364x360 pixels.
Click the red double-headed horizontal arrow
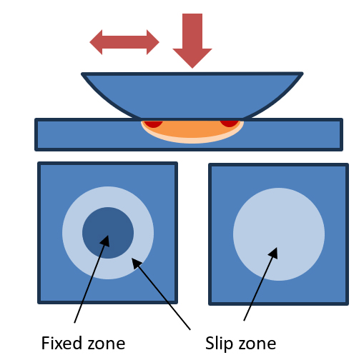124,42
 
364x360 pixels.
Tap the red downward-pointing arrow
192,41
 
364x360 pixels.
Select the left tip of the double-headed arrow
89,42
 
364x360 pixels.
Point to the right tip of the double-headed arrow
159,42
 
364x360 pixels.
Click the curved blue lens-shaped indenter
192,95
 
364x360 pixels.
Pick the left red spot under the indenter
153,124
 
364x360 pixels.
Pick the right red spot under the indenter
229,124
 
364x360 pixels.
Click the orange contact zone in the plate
192,130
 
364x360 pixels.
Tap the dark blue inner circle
108,233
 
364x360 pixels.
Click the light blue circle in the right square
279,234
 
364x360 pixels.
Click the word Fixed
62,343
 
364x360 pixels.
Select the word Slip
219,344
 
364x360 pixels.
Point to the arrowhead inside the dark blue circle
106,241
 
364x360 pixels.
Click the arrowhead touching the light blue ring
137,263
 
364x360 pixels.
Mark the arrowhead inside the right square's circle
274,253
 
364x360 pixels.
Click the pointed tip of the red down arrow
192,69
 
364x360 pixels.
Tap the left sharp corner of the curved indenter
82,74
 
